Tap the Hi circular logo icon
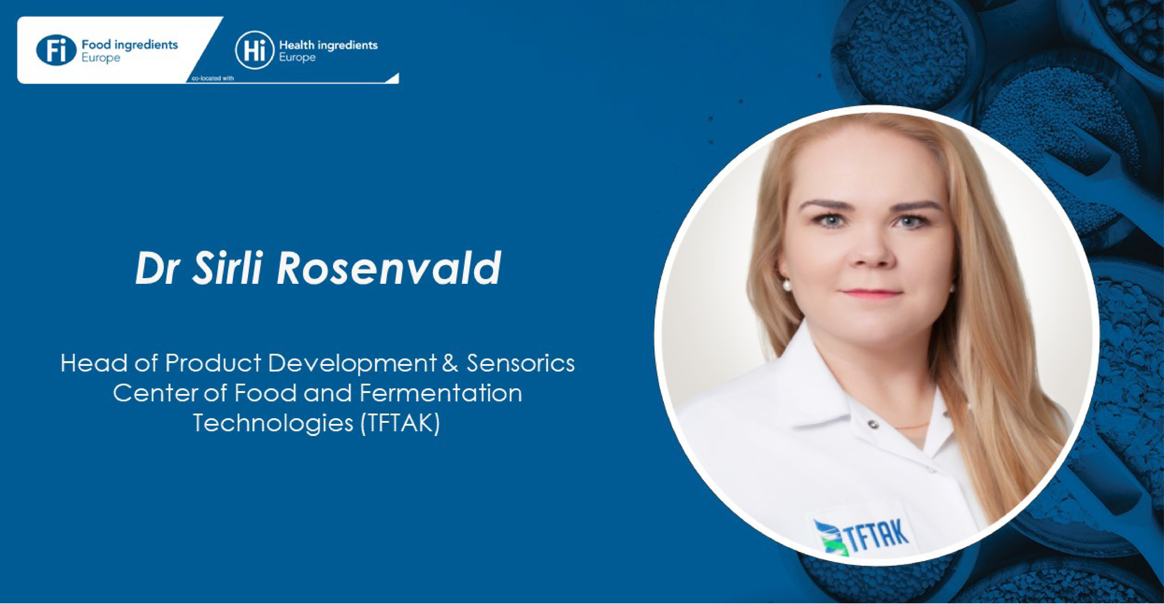pyautogui.click(x=254, y=50)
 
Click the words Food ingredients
pyautogui.click(x=130, y=45)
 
